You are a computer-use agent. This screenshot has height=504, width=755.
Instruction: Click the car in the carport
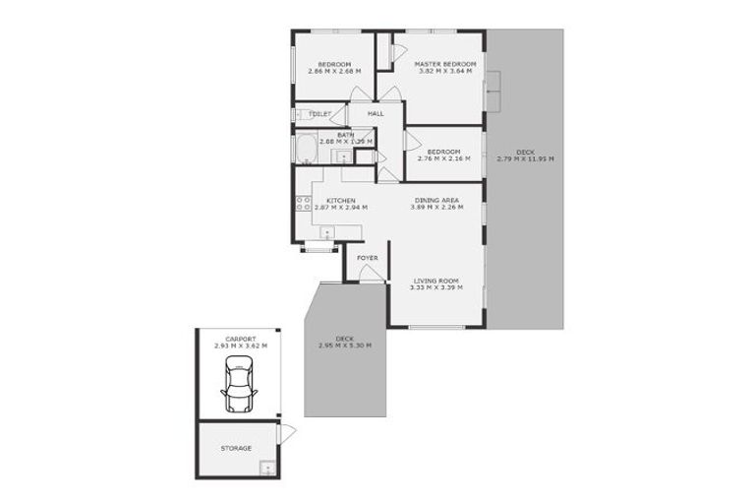click(x=239, y=385)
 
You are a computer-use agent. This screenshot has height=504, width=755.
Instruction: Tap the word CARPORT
click(x=241, y=339)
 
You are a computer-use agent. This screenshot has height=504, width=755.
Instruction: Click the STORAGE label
click(x=236, y=448)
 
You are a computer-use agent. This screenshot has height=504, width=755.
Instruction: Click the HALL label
click(x=376, y=114)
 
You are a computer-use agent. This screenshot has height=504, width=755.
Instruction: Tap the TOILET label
click(x=319, y=114)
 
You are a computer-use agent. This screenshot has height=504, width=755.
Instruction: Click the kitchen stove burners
click(x=303, y=204)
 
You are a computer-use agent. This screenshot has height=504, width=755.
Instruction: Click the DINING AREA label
click(x=433, y=201)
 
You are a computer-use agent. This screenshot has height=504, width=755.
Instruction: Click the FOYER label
click(x=367, y=258)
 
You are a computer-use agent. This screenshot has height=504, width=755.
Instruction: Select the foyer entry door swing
click(x=371, y=277)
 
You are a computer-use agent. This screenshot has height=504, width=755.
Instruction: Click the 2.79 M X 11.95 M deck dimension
click(x=525, y=158)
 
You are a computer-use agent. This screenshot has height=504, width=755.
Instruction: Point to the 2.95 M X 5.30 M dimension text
click(x=344, y=346)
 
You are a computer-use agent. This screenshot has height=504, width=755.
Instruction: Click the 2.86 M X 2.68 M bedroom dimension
click(x=334, y=71)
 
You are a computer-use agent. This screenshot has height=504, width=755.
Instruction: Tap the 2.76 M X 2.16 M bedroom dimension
click(x=443, y=158)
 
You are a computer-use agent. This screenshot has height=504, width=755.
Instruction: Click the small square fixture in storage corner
click(x=265, y=468)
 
